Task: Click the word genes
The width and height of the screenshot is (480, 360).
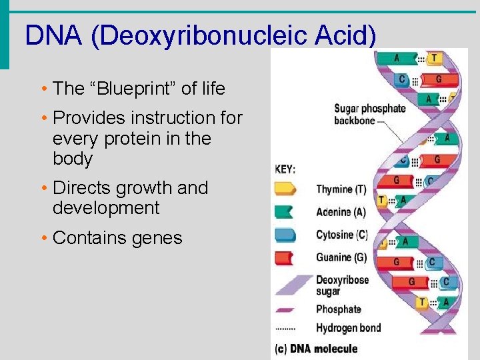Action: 153,238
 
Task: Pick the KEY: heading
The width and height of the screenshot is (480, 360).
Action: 285,169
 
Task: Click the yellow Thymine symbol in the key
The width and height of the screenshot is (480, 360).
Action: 286,189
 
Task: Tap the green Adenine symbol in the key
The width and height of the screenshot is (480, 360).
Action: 286,212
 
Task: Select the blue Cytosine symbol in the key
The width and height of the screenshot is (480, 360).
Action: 286,235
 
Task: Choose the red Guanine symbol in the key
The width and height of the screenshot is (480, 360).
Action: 286,257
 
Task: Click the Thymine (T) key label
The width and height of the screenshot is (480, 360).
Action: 341,189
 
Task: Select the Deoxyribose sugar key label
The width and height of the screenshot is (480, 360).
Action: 342,285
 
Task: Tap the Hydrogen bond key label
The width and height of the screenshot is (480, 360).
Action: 348,328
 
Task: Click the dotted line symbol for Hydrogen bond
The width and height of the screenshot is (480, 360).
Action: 286,329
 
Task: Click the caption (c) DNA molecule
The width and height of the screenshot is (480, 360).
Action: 316,349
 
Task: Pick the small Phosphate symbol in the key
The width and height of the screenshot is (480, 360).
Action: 286,309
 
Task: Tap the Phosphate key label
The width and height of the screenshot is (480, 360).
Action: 338,309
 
